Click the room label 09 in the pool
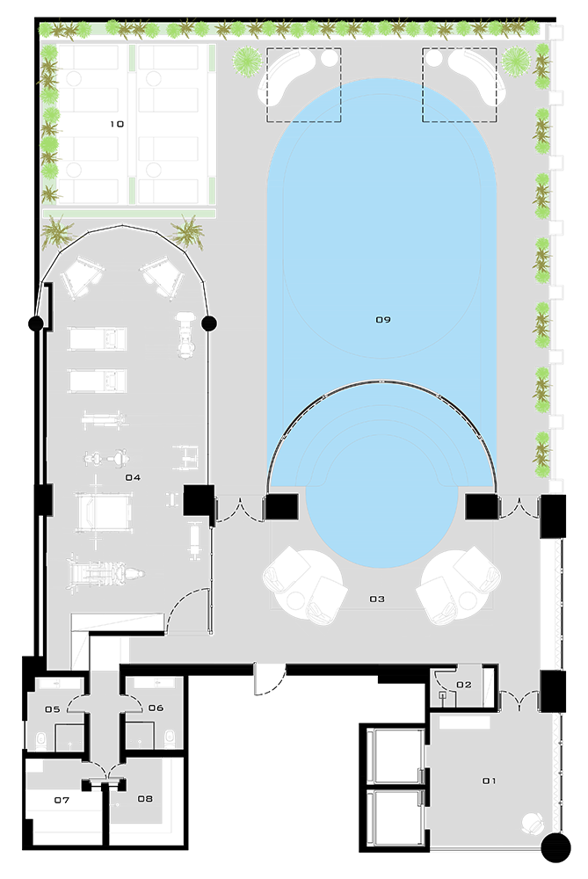(x=383, y=320)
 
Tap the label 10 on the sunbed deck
(x=117, y=124)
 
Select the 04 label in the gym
(x=133, y=477)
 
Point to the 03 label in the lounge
(x=377, y=599)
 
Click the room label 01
(x=490, y=781)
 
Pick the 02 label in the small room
(x=464, y=685)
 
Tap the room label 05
(x=52, y=709)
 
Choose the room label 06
(x=156, y=708)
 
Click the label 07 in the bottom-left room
(x=62, y=801)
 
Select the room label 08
(x=145, y=799)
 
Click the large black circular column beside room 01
(x=556, y=847)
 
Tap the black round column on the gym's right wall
(x=209, y=323)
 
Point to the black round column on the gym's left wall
(x=35, y=323)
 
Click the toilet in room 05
(x=40, y=740)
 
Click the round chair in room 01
(x=533, y=824)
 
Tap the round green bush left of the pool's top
(x=247, y=61)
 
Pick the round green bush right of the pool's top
(x=516, y=62)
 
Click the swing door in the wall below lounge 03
(x=269, y=679)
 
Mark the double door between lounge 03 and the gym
(x=240, y=510)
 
